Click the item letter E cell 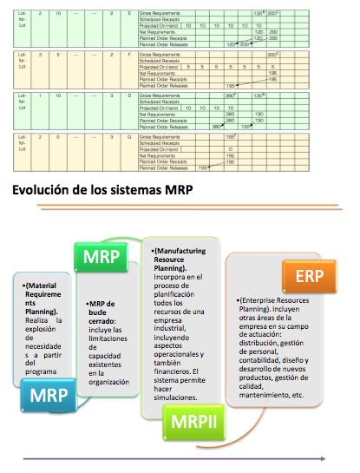point(128,15)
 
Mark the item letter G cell point(128,136)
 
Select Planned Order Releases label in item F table point(162,86)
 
